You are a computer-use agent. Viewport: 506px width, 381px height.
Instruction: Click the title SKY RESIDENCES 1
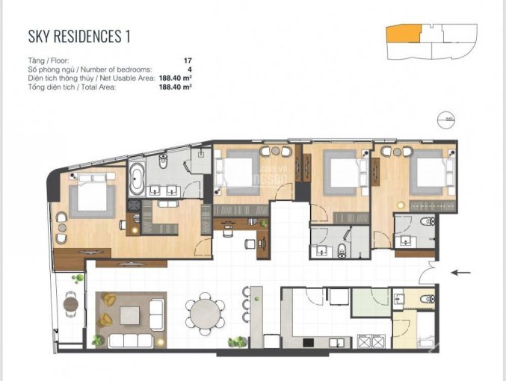click(x=79, y=36)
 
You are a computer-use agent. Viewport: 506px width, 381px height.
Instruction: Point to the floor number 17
click(x=188, y=61)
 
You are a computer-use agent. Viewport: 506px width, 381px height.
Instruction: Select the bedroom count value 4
click(x=190, y=69)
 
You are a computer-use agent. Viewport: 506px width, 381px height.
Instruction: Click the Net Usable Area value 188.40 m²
click(x=176, y=78)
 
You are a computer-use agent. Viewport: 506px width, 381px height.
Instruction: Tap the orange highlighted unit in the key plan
click(x=404, y=34)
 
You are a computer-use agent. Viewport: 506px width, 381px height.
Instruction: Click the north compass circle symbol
click(x=445, y=120)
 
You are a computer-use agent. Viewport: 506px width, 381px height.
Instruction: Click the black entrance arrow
click(x=460, y=273)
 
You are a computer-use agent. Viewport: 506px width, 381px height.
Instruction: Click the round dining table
click(x=205, y=314)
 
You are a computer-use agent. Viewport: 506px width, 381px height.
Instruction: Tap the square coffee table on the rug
click(x=130, y=315)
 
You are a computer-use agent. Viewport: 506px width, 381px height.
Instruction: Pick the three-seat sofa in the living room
click(x=130, y=341)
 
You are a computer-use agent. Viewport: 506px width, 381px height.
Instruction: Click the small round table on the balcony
click(x=71, y=303)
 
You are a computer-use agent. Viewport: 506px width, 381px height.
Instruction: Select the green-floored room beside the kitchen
click(x=371, y=303)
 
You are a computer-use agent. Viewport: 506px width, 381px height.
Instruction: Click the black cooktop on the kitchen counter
click(x=308, y=342)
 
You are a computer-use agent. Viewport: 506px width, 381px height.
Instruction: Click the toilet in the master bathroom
click(x=163, y=161)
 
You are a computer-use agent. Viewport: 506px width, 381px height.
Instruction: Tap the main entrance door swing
click(x=428, y=273)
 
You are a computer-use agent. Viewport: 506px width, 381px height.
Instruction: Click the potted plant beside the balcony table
click(x=78, y=279)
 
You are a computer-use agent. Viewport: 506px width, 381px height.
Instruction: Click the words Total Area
click(x=99, y=87)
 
